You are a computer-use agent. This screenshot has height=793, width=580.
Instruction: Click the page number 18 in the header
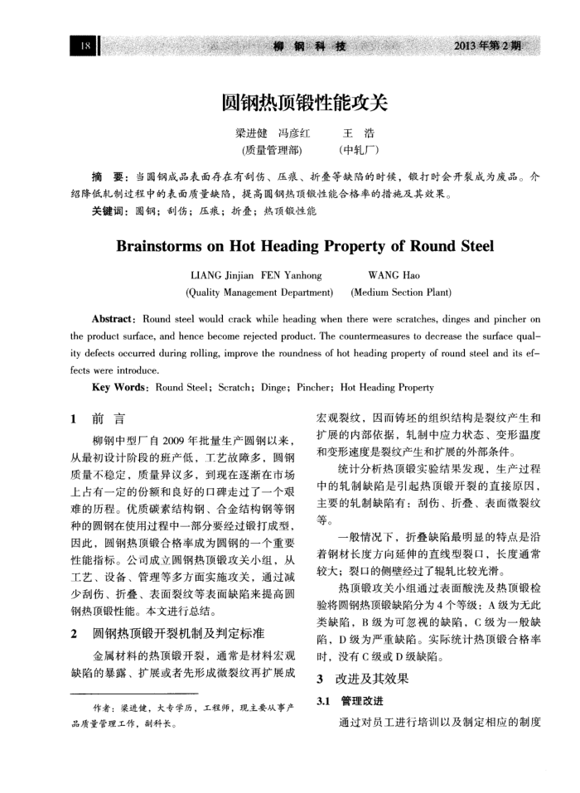(85, 46)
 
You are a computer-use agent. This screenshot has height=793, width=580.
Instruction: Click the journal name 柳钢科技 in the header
(308, 46)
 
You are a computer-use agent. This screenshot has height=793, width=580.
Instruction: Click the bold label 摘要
(109, 177)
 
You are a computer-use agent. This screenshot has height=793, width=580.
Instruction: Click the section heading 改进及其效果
(371, 679)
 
